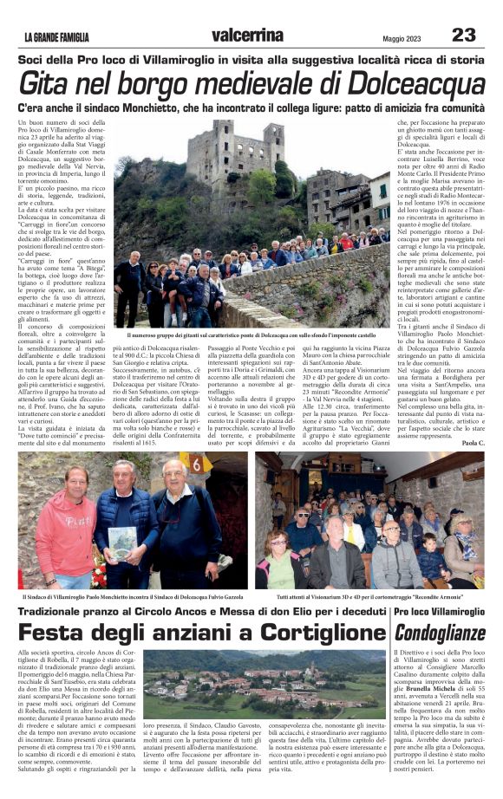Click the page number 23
point(463,35)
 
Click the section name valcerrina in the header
point(248,35)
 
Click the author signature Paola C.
point(474,442)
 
